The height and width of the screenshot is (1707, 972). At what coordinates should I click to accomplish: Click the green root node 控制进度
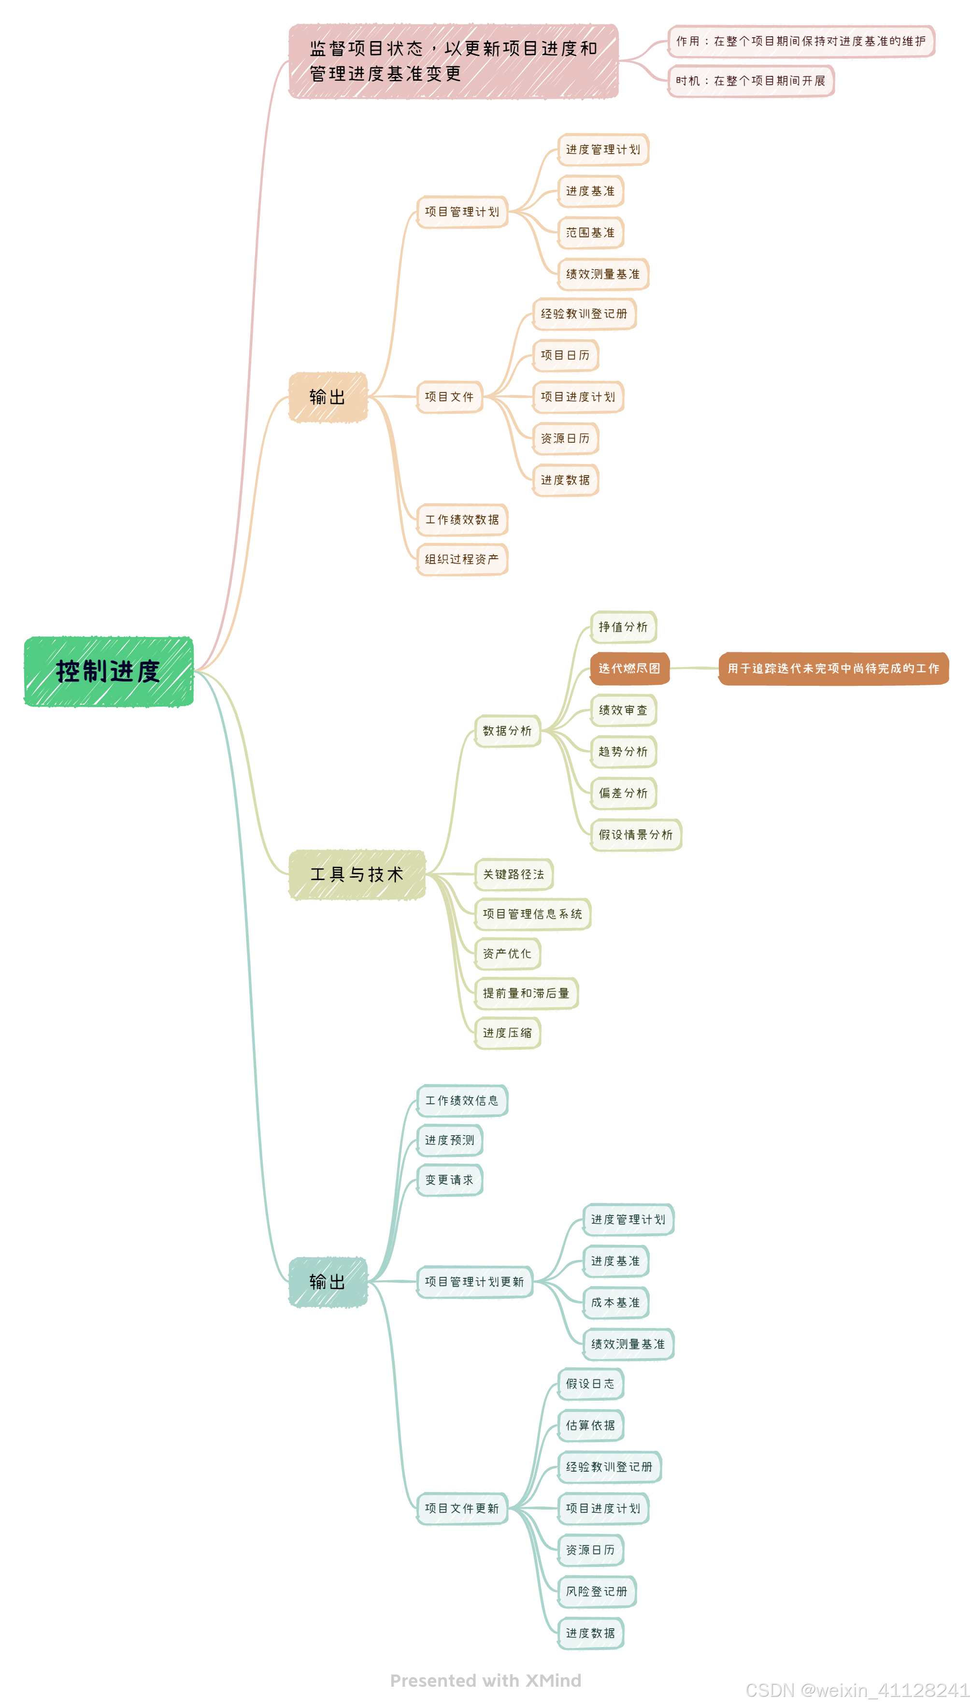point(108,671)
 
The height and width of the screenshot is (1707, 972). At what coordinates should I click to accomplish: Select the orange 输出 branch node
point(328,397)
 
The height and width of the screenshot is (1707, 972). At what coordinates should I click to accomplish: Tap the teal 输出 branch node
point(328,1282)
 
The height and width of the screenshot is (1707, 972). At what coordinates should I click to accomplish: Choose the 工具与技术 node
point(357,875)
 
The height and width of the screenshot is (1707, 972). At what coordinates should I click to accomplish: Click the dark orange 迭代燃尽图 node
point(629,668)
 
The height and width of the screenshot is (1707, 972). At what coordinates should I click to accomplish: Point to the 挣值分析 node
point(623,627)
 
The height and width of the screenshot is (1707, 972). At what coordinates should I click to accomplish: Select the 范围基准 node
point(590,233)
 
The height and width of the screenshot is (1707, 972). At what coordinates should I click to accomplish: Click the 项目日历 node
point(565,355)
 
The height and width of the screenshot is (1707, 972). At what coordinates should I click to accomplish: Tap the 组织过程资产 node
point(462,560)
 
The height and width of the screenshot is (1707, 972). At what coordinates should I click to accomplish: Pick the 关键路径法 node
point(514,875)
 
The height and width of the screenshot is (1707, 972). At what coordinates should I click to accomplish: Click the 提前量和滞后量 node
point(526,994)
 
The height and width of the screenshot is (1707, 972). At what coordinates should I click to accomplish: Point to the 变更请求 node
point(449,1180)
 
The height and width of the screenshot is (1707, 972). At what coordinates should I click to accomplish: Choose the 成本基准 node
point(615,1303)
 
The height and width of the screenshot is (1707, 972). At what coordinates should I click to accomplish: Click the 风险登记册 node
point(597,1591)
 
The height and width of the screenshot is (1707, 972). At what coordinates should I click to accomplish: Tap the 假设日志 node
point(590,1384)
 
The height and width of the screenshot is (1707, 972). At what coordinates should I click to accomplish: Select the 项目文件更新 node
point(462,1509)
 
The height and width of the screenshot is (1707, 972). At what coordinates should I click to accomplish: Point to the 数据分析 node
point(507,731)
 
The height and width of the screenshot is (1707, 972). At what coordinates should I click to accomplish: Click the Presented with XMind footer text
point(486,1680)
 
